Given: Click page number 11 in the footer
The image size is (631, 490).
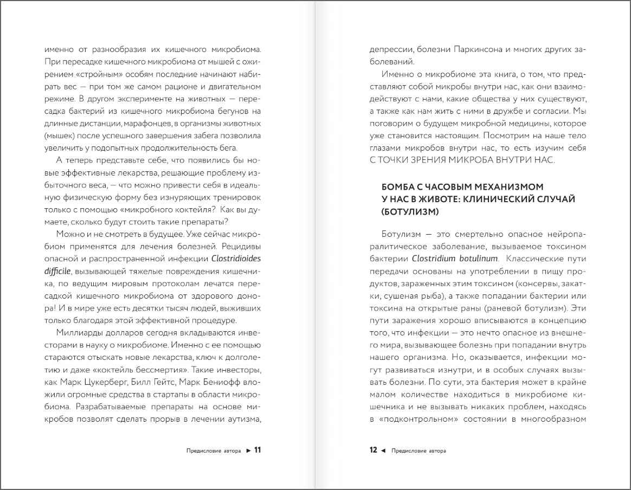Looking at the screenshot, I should click(x=257, y=450).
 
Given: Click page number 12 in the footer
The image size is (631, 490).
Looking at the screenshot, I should click(x=373, y=450).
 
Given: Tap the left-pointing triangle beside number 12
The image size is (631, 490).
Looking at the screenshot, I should click(x=383, y=450).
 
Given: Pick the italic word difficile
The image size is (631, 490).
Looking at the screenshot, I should click(x=57, y=270).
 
